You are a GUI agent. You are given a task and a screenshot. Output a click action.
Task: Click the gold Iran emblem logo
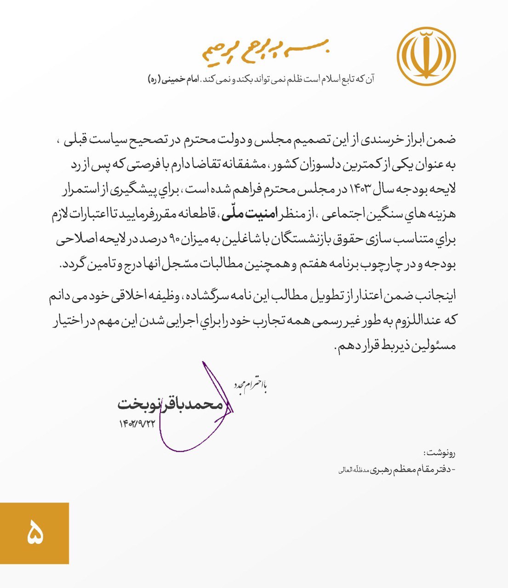pos(426,56)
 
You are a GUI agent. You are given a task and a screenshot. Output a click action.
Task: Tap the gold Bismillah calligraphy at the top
pos(266,51)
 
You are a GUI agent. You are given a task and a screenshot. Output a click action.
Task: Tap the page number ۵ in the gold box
pos(34,533)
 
